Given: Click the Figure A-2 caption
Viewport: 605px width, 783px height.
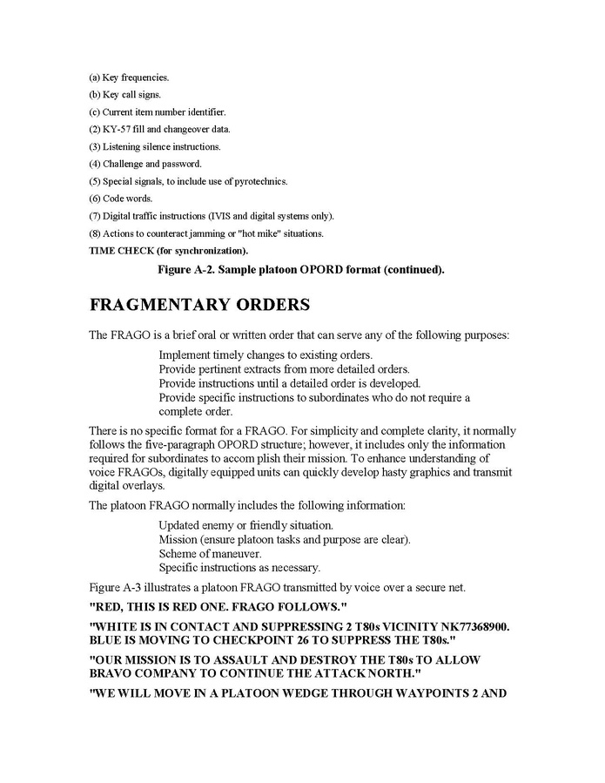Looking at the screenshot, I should tap(300, 270).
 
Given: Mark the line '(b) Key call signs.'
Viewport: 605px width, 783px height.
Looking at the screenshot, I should tap(124, 95).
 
